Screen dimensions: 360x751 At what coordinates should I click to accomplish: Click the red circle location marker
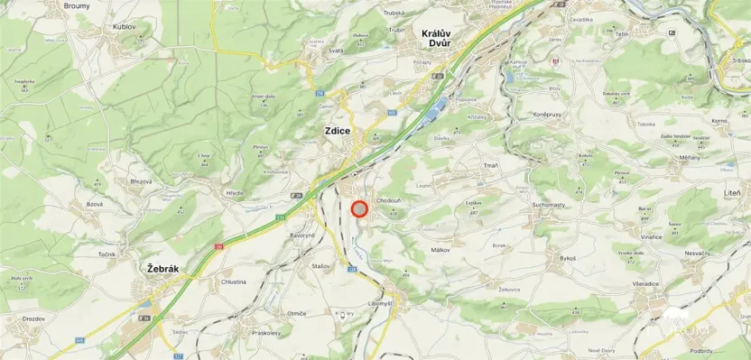359,209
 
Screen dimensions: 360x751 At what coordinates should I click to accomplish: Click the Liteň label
731,193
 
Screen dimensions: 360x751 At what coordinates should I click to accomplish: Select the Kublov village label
124,27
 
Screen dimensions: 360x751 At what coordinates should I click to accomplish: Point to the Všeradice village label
646,283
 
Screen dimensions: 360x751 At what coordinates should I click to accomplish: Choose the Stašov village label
320,267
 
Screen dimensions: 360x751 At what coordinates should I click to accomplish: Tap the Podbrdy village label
703,351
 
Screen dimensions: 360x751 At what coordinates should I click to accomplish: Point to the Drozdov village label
34,318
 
